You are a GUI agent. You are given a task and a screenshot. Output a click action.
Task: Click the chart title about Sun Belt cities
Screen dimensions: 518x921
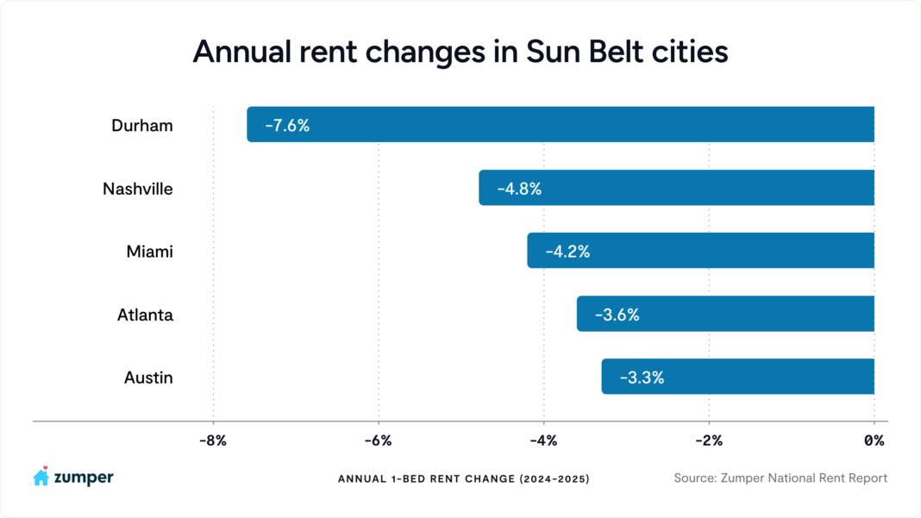[460, 52]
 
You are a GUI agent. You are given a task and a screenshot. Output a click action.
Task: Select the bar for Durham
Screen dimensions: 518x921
[561, 125]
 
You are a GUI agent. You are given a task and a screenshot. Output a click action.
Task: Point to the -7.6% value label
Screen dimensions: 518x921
[287, 126]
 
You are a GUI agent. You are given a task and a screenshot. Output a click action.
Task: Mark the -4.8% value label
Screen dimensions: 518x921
[519, 189]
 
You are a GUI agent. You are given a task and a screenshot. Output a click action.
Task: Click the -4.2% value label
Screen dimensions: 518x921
[567, 252]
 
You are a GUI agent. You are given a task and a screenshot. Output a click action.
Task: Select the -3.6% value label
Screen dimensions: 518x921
[617, 315]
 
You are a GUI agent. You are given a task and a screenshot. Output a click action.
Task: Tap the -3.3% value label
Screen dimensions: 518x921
[642, 378]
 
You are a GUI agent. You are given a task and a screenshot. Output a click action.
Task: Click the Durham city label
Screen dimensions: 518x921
[142, 126]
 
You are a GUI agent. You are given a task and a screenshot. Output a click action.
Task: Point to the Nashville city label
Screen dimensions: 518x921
[138, 189]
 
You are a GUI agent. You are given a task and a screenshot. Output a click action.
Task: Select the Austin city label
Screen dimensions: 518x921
[148, 378]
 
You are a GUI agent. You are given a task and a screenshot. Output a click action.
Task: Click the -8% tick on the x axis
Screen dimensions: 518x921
[212, 441]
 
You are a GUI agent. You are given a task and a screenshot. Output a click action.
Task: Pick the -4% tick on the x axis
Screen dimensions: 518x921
[543, 441]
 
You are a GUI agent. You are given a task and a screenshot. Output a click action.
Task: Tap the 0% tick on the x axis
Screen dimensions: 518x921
[874, 441]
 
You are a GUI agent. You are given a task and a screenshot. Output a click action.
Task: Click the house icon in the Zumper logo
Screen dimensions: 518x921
[41, 477]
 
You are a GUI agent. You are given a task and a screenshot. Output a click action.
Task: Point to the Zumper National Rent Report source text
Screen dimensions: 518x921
[780, 477]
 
